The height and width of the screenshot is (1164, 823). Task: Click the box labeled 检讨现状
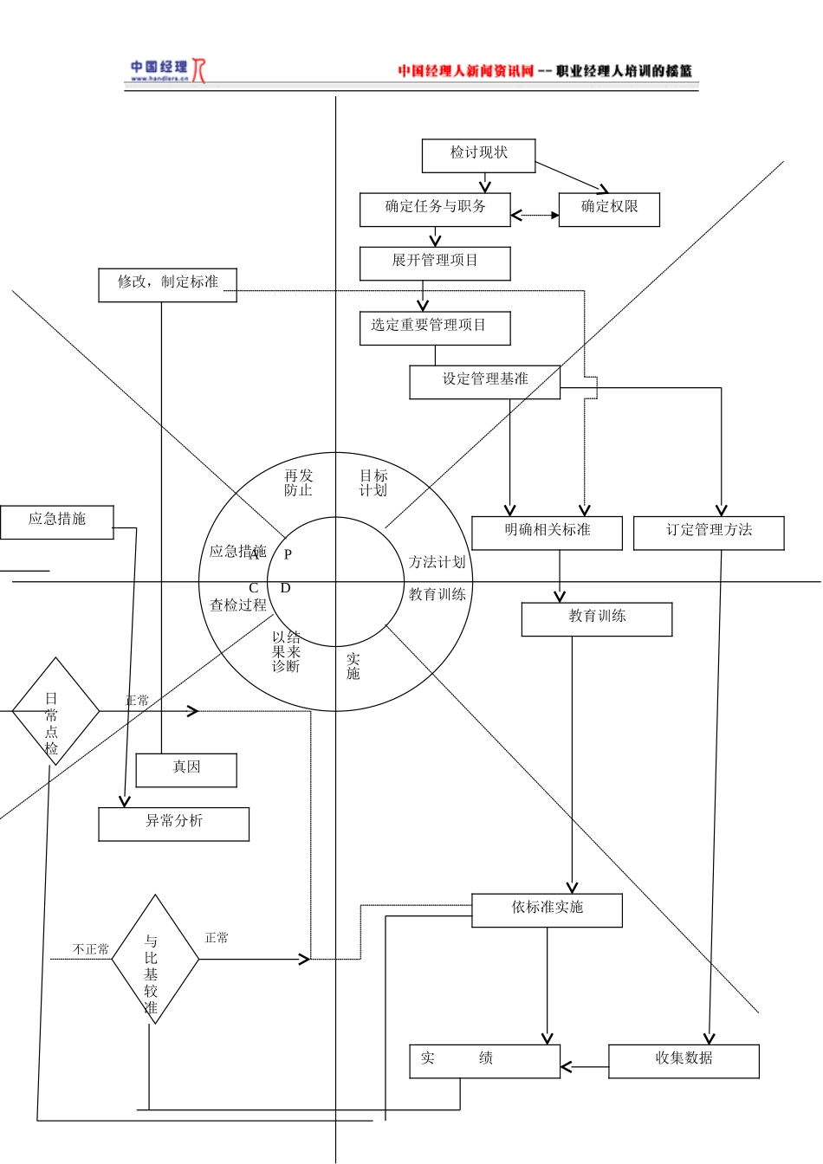(478, 156)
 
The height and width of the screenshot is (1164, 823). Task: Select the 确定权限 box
(609, 210)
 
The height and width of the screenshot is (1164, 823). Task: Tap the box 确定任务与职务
(435, 210)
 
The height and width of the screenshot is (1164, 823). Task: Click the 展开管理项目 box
(435, 263)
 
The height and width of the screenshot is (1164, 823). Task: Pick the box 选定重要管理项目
(435, 328)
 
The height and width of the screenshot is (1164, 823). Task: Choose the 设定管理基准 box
(484, 382)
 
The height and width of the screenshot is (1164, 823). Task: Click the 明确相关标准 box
(547, 533)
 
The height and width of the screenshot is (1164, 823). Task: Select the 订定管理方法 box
(709, 533)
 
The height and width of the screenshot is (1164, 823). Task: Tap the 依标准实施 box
(547, 910)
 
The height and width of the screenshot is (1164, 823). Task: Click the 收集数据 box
(684, 1061)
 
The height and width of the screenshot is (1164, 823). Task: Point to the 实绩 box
(484, 1061)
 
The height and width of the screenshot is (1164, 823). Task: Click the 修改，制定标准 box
(167, 285)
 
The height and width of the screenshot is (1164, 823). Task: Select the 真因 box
(186, 770)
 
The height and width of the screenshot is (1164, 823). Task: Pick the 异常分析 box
(173, 824)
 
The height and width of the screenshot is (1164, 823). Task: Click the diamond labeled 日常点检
(55, 712)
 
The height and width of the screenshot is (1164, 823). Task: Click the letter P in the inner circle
(288, 554)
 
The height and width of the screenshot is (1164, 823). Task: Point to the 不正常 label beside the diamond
(91, 949)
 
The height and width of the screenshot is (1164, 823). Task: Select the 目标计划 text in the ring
(373, 482)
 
